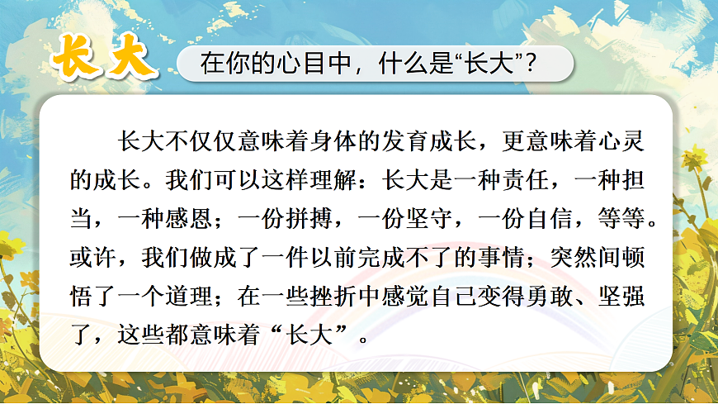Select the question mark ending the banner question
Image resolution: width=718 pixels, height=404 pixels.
pyautogui.click(x=541, y=64)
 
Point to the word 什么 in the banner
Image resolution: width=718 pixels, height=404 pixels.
pyautogui.click(x=382, y=64)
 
